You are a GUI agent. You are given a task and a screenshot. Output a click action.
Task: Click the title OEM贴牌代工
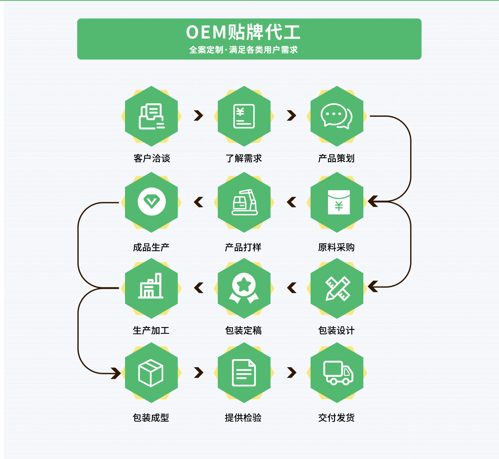coord(243,32)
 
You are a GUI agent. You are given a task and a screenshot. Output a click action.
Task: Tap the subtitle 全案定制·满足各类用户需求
coord(243,50)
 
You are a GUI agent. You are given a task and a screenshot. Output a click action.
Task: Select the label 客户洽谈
coord(152,158)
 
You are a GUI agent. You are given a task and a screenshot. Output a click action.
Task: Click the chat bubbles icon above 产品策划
coord(337,116)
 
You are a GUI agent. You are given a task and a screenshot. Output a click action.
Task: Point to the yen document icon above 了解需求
coord(244,116)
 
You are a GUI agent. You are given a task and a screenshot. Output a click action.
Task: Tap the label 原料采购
coord(336,247)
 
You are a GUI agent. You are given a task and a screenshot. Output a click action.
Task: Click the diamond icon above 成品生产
coord(152,202)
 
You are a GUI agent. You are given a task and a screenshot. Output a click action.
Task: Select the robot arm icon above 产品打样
coord(244,202)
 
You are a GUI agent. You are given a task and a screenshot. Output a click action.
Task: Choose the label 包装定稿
coord(243,330)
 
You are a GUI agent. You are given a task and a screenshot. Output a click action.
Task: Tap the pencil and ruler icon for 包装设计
coord(338,288)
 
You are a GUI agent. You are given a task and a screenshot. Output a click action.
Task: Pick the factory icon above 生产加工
coord(151,286)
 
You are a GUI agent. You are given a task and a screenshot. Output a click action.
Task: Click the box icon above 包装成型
coord(151,373)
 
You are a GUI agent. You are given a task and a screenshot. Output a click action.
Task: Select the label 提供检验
coord(243,417)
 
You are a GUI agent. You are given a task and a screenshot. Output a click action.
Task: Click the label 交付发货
coord(336,417)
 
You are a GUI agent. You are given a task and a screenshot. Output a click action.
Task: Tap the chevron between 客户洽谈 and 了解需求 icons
coord(198,115)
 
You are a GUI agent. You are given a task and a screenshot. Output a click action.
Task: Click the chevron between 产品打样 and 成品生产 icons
coord(199,202)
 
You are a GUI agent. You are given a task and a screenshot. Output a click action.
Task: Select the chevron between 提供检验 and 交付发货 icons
coord(292,372)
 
